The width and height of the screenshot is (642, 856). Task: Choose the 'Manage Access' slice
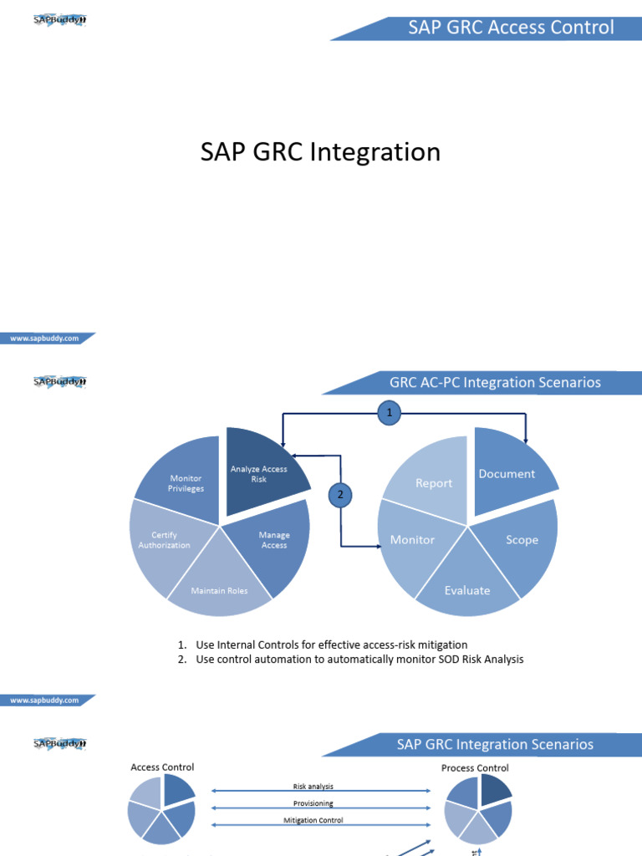pyautogui.click(x=273, y=540)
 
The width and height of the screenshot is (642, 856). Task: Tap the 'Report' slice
pyautogui.click(x=433, y=483)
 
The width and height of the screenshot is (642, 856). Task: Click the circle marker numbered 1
pyautogui.click(x=388, y=412)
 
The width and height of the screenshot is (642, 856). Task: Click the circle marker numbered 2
pyautogui.click(x=340, y=495)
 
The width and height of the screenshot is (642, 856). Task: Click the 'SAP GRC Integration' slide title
pyautogui.click(x=320, y=152)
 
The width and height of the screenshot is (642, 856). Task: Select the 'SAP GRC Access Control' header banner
pyautogui.click(x=511, y=28)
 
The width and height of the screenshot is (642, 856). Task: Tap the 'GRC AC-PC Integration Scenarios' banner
pyautogui.click(x=495, y=383)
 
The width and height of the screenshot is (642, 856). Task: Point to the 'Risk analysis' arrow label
pyautogui.click(x=313, y=787)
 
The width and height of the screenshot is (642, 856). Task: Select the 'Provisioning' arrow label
pyautogui.click(x=313, y=803)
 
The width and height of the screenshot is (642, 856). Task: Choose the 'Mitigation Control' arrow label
pyautogui.click(x=313, y=820)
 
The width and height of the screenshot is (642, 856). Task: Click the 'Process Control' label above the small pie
pyautogui.click(x=475, y=767)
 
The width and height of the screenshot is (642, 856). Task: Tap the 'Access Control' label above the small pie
pyautogui.click(x=162, y=767)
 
